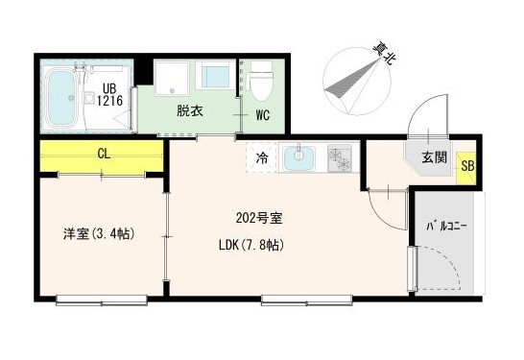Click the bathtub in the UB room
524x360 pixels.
[64, 100]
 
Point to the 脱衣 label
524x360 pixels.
[188, 111]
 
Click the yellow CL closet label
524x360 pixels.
[103, 153]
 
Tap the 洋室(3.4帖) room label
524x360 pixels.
[97, 233]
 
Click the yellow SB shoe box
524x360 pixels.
[466, 166]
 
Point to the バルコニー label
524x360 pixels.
[447, 228]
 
